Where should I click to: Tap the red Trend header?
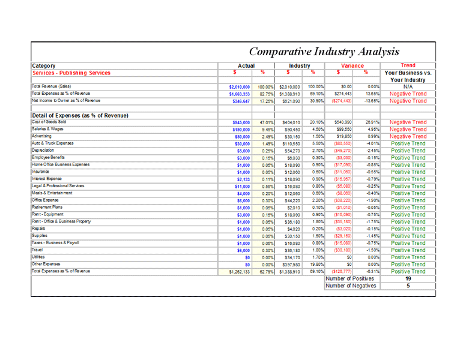(x=408, y=65)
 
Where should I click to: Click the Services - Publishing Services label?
(x=72, y=73)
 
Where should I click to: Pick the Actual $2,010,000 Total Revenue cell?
(x=238, y=87)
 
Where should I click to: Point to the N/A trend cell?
(x=408, y=87)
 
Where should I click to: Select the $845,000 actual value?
(x=240, y=122)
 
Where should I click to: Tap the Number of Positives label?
(x=349, y=278)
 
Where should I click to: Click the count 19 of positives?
(x=408, y=279)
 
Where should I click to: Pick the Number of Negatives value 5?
(x=408, y=286)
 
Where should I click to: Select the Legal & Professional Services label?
(x=58, y=186)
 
